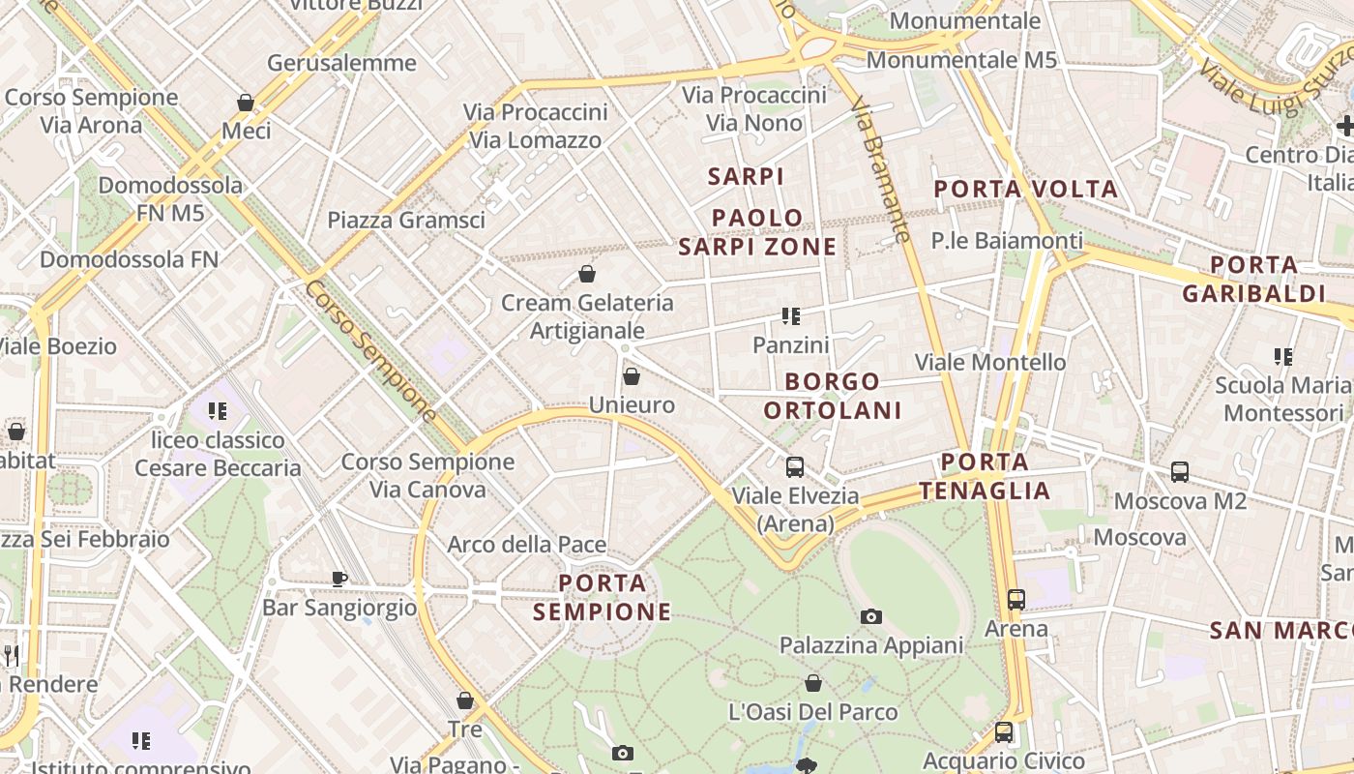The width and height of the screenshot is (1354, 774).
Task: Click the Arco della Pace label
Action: (526, 545)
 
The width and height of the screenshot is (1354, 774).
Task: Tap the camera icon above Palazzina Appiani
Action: (870, 616)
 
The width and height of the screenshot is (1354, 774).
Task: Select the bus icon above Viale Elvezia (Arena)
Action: (794, 467)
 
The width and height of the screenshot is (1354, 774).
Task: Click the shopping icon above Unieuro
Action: (632, 376)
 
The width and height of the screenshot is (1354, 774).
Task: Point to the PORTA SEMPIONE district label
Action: (603, 597)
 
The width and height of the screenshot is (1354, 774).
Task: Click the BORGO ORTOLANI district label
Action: (832, 396)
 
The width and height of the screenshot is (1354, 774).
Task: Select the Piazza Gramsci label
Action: (406, 220)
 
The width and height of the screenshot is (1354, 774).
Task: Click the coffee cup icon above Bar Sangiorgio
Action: (338, 579)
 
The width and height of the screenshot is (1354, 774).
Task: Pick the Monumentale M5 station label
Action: (961, 60)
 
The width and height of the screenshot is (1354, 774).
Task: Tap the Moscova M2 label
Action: (1180, 501)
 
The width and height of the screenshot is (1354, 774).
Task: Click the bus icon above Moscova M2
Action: (1180, 472)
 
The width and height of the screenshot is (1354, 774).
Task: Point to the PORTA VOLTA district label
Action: (1026, 189)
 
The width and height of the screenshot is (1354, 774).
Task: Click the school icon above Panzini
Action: (791, 316)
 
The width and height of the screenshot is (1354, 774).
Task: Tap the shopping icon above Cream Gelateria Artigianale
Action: (586, 274)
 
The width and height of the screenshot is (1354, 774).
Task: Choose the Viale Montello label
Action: (990, 362)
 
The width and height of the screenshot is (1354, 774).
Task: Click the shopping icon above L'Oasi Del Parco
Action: (812, 683)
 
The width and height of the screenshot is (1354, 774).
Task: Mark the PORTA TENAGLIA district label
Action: (985, 476)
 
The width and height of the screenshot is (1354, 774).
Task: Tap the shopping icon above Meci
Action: (246, 102)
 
